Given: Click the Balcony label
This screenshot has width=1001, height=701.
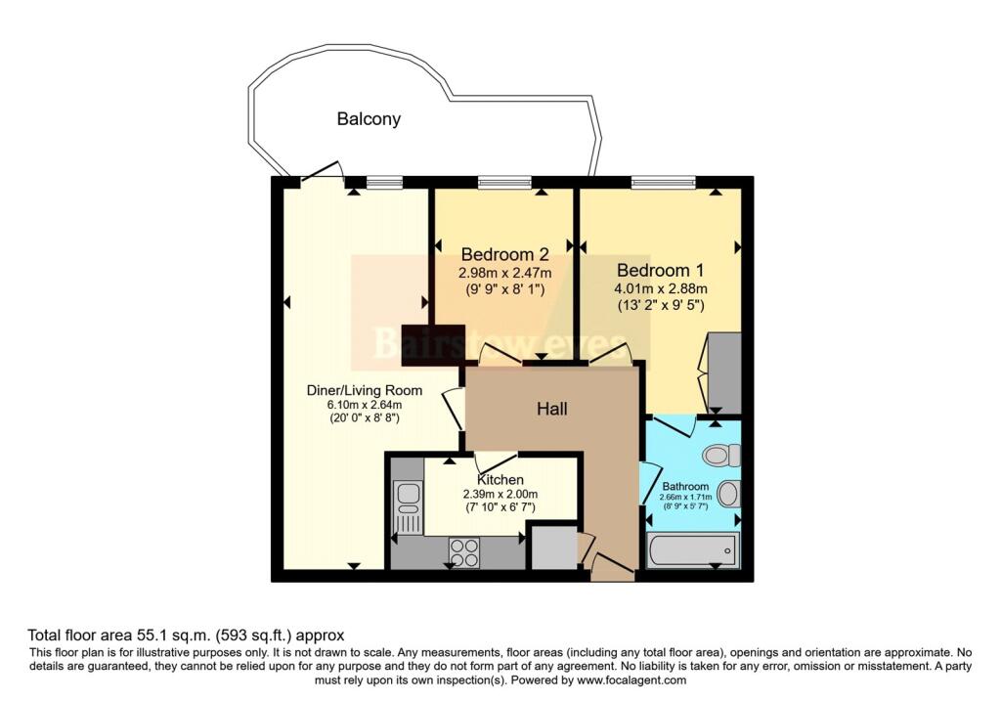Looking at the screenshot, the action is [x=369, y=118].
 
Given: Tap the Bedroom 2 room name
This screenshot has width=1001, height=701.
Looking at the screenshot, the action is [x=505, y=254].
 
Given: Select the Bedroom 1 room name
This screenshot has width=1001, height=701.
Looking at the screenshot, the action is [x=661, y=270].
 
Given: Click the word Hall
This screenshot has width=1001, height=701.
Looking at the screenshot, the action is [x=552, y=409].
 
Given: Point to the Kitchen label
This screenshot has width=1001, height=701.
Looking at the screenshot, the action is [x=500, y=479].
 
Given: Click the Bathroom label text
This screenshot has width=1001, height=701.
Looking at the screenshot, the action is [x=685, y=487].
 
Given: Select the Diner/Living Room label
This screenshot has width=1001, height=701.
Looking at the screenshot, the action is [x=365, y=390].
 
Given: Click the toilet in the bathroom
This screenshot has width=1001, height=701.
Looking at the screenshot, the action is [x=720, y=456].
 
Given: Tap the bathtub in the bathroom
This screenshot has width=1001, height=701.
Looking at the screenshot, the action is [x=693, y=549].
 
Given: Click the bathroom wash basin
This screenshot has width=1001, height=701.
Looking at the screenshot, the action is [x=728, y=493].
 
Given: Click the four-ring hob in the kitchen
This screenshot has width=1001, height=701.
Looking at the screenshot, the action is [x=464, y=553].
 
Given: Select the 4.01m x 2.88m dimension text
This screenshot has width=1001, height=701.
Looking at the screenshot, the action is [x=661, y=288].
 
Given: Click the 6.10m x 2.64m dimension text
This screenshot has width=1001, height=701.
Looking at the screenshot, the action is [x=365, y=405].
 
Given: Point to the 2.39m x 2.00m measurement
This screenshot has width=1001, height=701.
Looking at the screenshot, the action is [x=500, y=494].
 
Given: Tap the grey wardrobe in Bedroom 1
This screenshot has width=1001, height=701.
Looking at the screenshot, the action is [x=724, y=372].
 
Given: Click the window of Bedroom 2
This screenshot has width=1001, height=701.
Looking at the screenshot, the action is [x=505, y=183].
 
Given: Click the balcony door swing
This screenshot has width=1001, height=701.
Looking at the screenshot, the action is [x=323, y=171].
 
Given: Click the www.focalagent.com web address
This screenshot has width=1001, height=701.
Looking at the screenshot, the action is [x=632, y=680].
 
